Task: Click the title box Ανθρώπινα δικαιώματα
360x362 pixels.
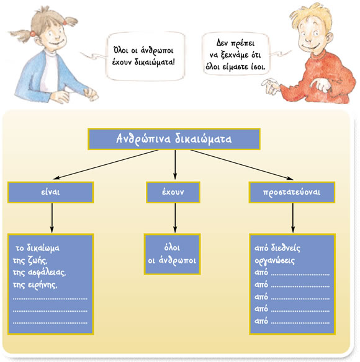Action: point(174,139)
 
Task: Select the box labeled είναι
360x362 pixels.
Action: point(51,192)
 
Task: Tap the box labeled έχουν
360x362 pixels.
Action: point(173,192)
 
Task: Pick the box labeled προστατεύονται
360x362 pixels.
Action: point(292,192)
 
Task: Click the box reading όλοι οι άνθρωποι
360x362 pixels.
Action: point(173,254)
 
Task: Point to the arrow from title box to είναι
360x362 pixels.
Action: point(106,164)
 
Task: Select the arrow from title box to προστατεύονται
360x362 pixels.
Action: point(242,164)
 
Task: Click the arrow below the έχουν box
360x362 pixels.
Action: point(175,218)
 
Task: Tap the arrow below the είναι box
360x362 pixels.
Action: point(52,218)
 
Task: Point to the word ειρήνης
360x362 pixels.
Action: point(43,285)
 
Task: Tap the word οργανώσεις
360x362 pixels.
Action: point(275,260)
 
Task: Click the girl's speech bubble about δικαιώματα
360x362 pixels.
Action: point(145,56)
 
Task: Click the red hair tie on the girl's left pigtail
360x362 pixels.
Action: point(33,33)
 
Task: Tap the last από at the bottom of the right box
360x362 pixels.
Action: point(261,321)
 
